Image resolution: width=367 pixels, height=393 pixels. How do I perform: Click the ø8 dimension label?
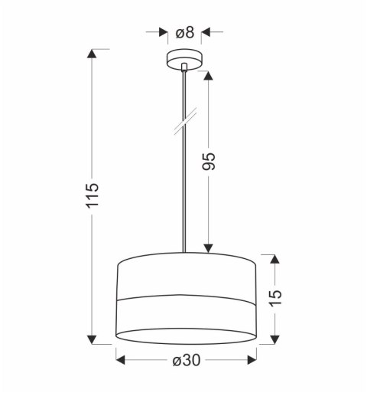pos(185,32)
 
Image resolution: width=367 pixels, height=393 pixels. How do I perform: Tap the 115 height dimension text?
pos(93,198)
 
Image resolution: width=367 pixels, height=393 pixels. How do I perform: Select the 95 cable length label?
pos(209,160)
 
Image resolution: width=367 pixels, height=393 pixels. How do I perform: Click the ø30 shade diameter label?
pos(186,361)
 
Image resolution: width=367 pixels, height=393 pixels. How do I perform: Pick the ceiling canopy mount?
pos(185,61)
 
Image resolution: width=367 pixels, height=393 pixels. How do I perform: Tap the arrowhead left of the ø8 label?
pos(163,32)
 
